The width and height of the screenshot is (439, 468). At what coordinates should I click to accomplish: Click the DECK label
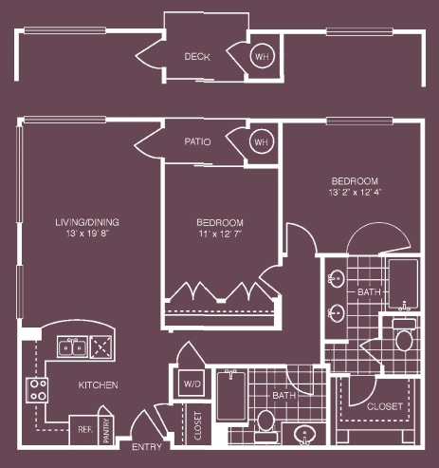coord(197,57)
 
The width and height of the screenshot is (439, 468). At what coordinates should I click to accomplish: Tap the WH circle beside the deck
coord(260,57)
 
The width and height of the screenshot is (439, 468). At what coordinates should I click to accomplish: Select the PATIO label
coord(197,142)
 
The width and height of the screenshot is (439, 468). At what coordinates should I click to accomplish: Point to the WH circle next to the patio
coord(260,142)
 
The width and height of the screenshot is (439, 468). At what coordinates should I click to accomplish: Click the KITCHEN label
coord(98,385)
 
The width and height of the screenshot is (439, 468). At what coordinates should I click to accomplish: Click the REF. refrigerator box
coord(84,428)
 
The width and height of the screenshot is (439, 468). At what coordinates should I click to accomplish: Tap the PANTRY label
coord(107,430)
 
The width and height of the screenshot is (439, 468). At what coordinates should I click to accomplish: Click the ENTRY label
coord(147,447)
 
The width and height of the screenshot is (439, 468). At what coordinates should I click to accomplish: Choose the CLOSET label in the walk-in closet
coord(386,406)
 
